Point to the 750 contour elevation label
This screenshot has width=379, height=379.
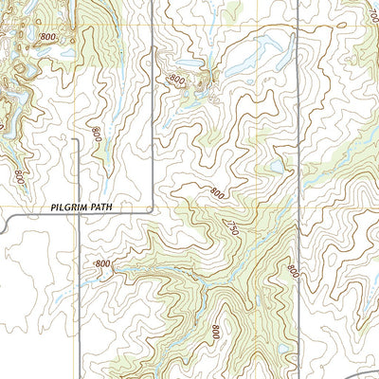tap(228, 226)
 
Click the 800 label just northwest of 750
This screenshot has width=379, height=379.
tap(217, 193)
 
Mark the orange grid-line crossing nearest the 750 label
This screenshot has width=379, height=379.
tap(258, 206)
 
